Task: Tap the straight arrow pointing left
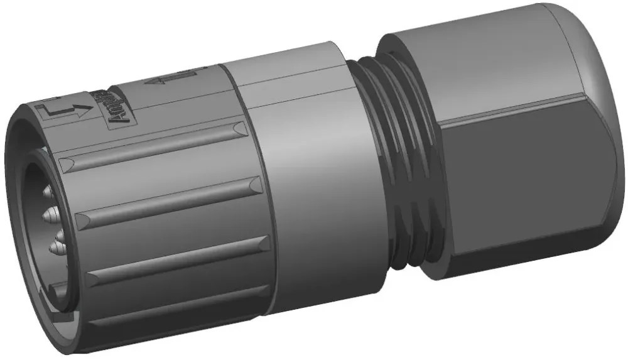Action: tap(165, 79)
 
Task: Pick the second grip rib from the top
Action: tap(166, 199)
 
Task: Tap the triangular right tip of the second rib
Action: tap(254, 185)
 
